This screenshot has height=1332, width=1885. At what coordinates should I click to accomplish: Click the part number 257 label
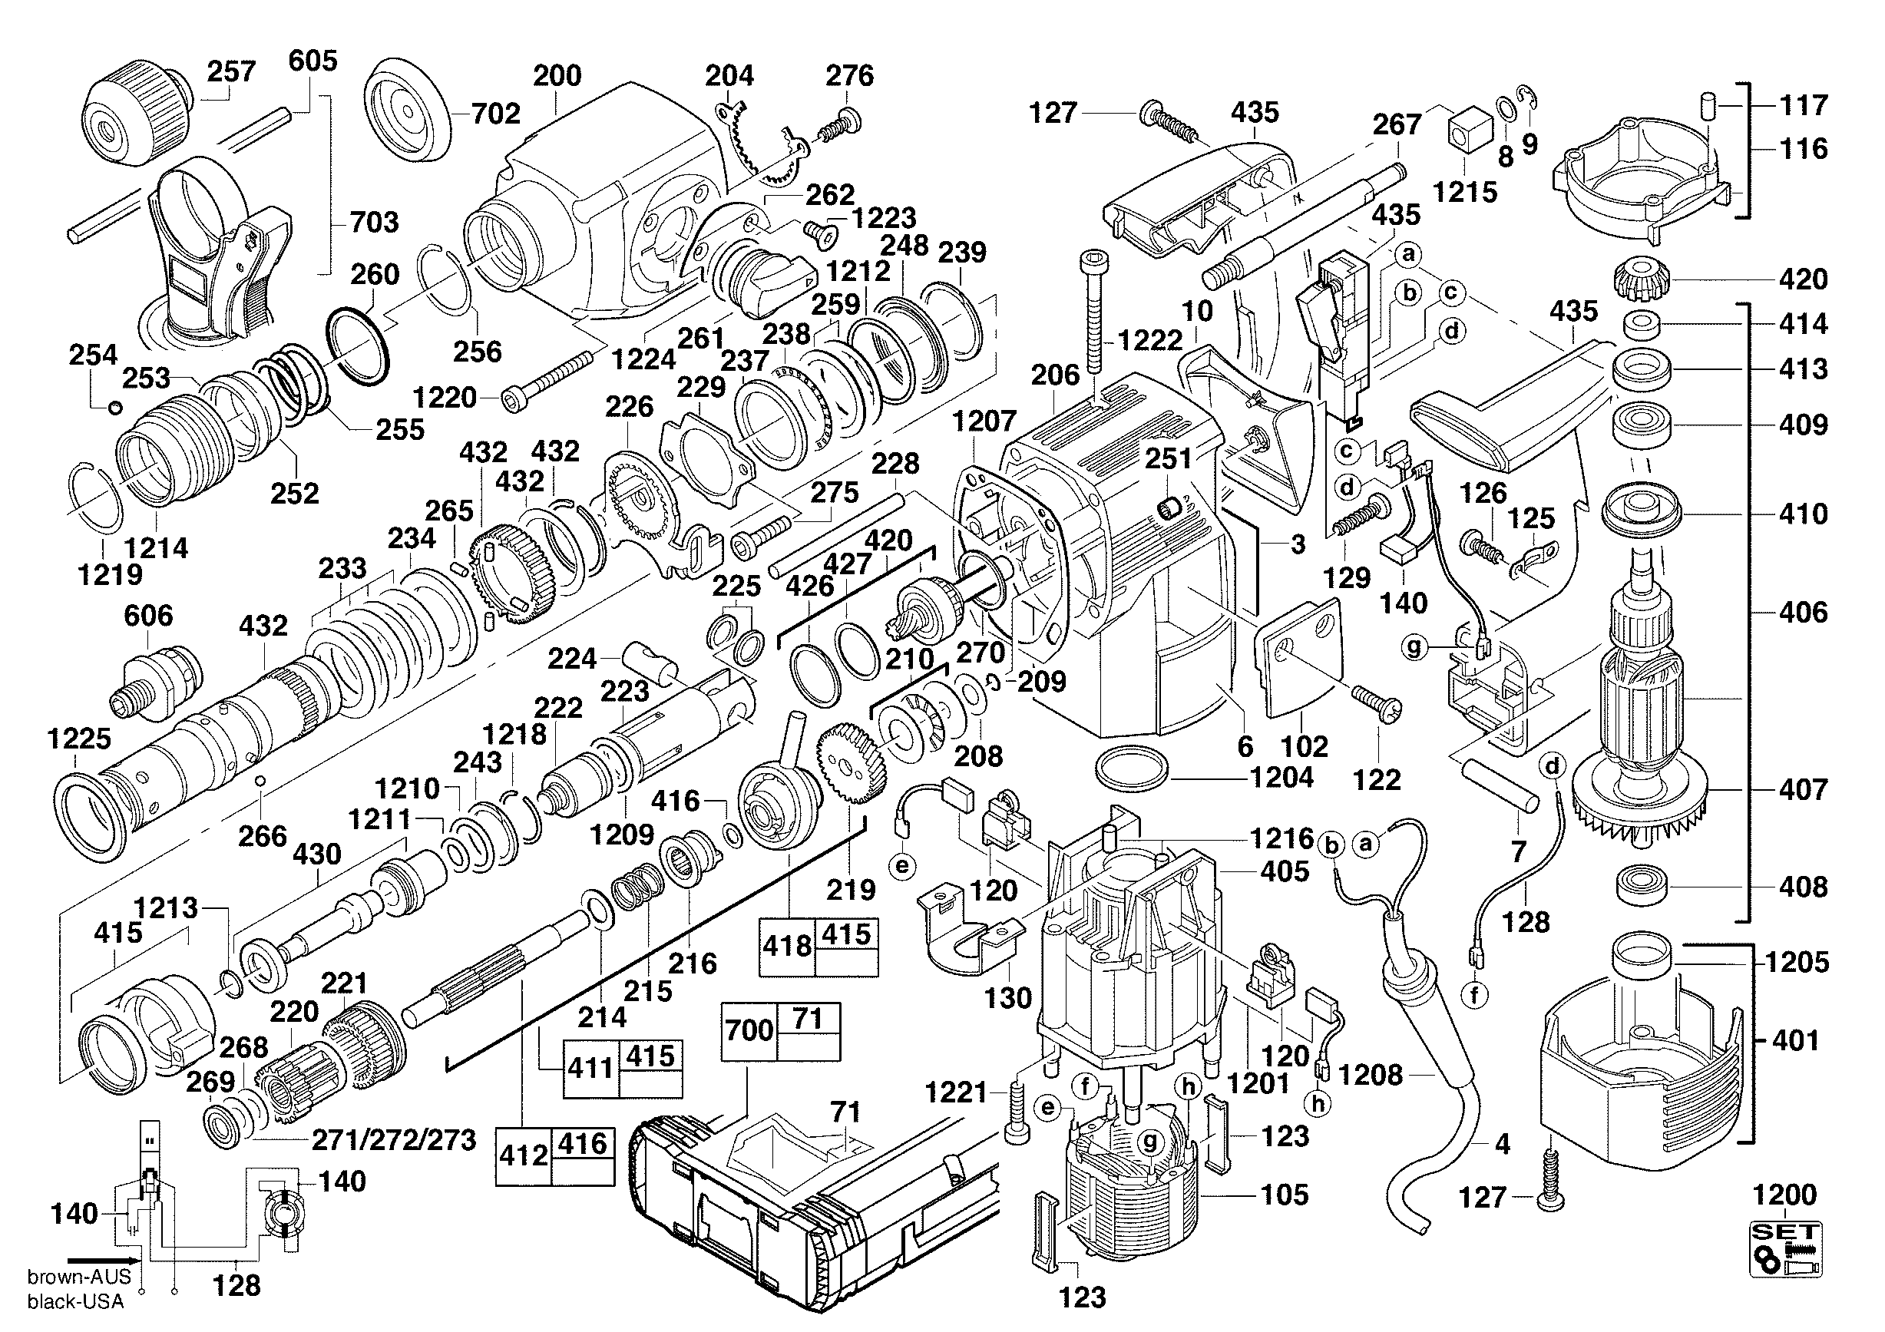pos(232,71)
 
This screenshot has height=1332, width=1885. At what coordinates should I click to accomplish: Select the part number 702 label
pos(496,114)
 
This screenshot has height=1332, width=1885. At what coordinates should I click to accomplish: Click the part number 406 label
pos(1804,612)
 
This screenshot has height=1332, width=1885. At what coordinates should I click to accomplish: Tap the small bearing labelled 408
pos(1643,884)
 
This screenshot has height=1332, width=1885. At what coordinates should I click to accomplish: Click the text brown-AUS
pos(80,1276)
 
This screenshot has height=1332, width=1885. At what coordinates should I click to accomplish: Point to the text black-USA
pos(75,1301)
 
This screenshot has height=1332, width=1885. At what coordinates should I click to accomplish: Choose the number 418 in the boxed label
pos(786,947)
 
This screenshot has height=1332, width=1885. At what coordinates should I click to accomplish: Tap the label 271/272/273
pos(394,1140)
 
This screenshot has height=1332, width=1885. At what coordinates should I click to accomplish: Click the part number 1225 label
pos(79,739)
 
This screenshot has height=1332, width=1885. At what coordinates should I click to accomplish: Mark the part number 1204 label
pos(1281,776)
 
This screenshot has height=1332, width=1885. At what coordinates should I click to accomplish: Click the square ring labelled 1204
pos(1132,770)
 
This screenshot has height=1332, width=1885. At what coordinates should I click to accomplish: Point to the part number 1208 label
pos(1371,1074)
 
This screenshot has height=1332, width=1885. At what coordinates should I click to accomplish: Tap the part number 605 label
pos(313,60)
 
